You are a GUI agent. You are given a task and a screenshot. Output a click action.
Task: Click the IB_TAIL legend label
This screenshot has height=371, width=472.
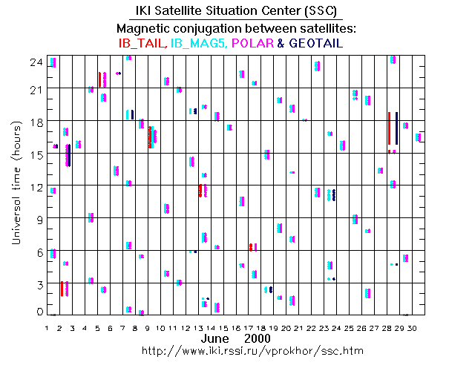[142, 44]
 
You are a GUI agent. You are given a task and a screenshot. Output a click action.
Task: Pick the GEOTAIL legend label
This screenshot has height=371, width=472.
[315, 44]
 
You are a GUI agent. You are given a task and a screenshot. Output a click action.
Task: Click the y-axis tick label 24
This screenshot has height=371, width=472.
[35, 62]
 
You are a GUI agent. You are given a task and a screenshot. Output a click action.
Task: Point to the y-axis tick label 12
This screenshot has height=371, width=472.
[35, 186]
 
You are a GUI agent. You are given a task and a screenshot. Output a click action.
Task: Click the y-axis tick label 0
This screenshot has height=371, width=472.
[39, 312]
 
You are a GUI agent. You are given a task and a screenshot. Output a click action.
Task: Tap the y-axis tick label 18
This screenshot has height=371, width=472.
[35, 122]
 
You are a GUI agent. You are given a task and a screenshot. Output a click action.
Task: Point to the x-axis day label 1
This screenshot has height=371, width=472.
[47, 326]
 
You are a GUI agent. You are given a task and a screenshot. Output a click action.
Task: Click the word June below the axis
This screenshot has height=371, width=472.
[214, 338]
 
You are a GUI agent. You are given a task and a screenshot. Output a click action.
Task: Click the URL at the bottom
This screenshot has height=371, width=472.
[236, 349]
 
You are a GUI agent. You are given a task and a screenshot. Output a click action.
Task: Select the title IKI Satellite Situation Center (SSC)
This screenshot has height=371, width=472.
[236, 10]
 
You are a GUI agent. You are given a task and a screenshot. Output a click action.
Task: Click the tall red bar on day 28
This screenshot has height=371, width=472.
[389, 128]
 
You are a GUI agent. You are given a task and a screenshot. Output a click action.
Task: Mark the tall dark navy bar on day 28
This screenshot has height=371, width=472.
[397, 128]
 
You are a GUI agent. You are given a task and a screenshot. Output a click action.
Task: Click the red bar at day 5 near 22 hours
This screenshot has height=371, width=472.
[99, 79]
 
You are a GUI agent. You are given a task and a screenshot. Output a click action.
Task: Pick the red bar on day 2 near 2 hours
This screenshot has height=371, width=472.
[62, 289]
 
